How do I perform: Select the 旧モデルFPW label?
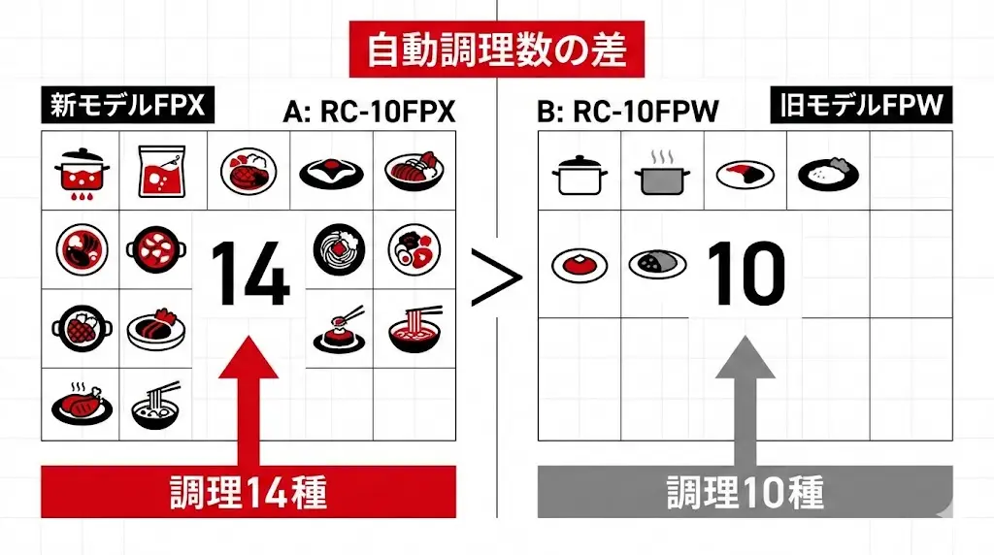(x=861, y=105)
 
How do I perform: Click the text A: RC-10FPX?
(x=369, y=113)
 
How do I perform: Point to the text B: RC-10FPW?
(x=627, y=113)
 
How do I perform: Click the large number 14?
(x=249, y=275)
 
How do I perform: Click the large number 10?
(x=745, y=275)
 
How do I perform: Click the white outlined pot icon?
(x=580, y=176)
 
